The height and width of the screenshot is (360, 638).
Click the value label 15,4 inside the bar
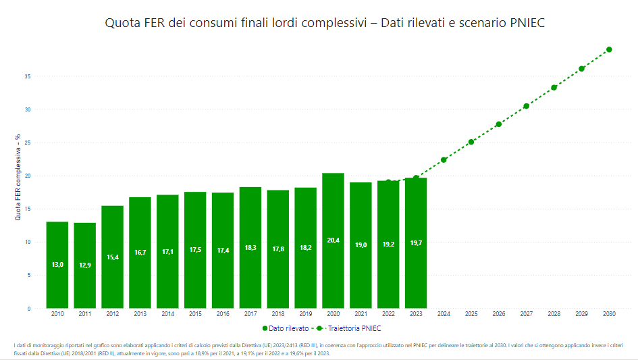pyautogui.click(x=112, y=257)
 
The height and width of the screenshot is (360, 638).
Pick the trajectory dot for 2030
pyautogui.click(x=609, y=49)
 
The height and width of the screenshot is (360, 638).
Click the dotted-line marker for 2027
pyautogui.click(x=526, y=106)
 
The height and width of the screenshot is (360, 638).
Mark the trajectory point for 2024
pyautogui.click(x=444, y=160)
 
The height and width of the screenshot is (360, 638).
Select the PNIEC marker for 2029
pyautogui.click(x=581, y=69)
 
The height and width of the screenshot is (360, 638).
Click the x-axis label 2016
pyautogui.click(x=223, y=314)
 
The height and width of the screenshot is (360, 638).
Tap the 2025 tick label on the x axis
pyautogui.click(x=471, y=314)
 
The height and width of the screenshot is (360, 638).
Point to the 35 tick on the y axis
pyautogui.click(x=28, y=76)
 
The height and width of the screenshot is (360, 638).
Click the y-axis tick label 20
pyautogui.click(x=28, y=176)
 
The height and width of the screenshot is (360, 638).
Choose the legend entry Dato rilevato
pyautogui.click(x=284, y=328)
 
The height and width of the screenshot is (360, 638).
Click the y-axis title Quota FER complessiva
pyautogui.click(x=18, y=176)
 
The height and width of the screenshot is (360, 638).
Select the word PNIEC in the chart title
pyautogui.click(x=522, y=23)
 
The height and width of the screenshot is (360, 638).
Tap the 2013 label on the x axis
pyautogui.click(x=140, y=314)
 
